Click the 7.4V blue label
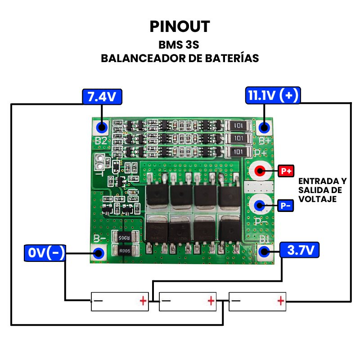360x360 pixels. [x=102, y=96]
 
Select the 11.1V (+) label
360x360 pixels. [x=273, y=96]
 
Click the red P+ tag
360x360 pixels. [x=287, y=171]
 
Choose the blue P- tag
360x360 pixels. [x=286, y=206]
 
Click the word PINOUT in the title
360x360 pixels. [x=180, y=26]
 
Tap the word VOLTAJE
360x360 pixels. [x=318, y=198]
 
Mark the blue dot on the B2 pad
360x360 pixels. [x=102, y=127]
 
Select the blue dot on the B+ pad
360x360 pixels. [x=264, y=127]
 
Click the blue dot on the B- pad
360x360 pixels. [x=99, y=253]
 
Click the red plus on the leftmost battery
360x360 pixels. [x=143, y=300]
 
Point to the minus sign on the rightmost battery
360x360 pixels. [x=235, y=300]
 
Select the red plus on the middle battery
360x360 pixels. [x=211, y=300]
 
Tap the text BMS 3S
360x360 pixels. [x=180, y=45]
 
